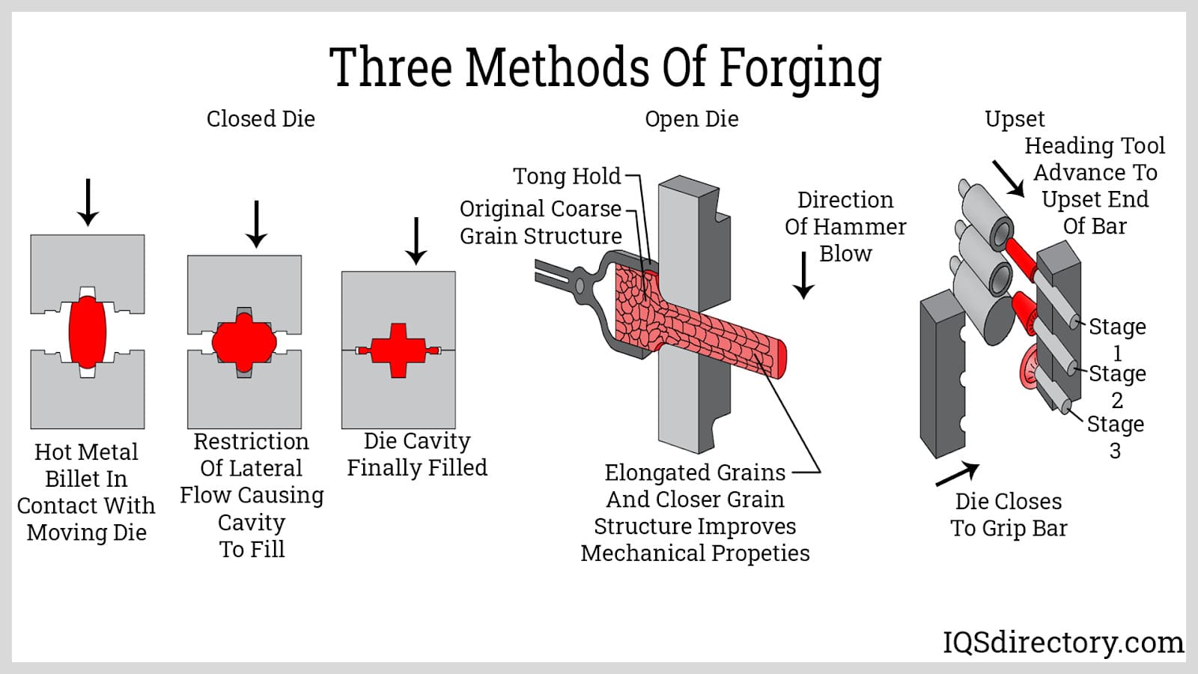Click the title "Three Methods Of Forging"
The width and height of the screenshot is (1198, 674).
pos(605,67)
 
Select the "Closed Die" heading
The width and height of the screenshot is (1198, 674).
pos(261,119)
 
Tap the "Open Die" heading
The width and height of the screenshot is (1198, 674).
pos(691,119)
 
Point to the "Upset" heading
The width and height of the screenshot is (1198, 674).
pos(1015,119)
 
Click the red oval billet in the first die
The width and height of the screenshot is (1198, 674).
pos(88,332)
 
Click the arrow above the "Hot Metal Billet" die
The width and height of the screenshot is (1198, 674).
pos(88,202)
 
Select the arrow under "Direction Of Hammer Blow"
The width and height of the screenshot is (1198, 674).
pos(803,275)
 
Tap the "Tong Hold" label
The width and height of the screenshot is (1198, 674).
pos(567,176)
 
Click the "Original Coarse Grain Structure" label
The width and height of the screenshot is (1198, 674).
pos(541,222)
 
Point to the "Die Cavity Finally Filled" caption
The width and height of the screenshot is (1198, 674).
pos(417,454)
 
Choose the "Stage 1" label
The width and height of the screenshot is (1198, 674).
pos(1117,339)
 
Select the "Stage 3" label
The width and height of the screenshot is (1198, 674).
pos(1116,437)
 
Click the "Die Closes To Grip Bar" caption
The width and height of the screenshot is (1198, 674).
pos(1009,514)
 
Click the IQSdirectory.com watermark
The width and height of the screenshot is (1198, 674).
pos(1063,643)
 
